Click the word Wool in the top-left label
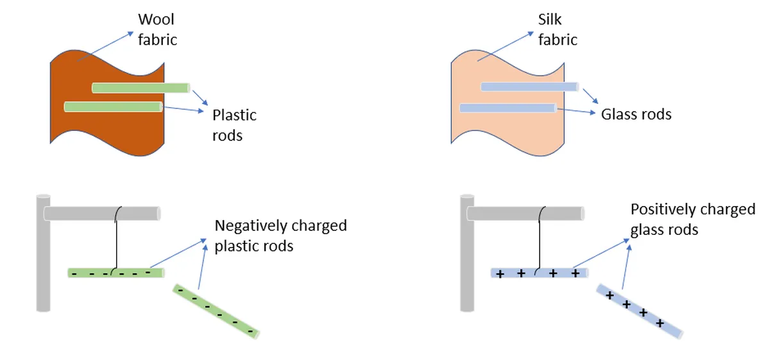156,21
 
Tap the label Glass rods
636,114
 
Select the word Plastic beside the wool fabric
234,115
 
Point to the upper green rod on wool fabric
141,87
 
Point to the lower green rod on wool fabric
113,107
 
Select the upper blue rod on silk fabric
530,87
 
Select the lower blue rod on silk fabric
508,108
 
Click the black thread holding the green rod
115,237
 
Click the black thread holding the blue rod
543,237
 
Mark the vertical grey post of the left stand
44,257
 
